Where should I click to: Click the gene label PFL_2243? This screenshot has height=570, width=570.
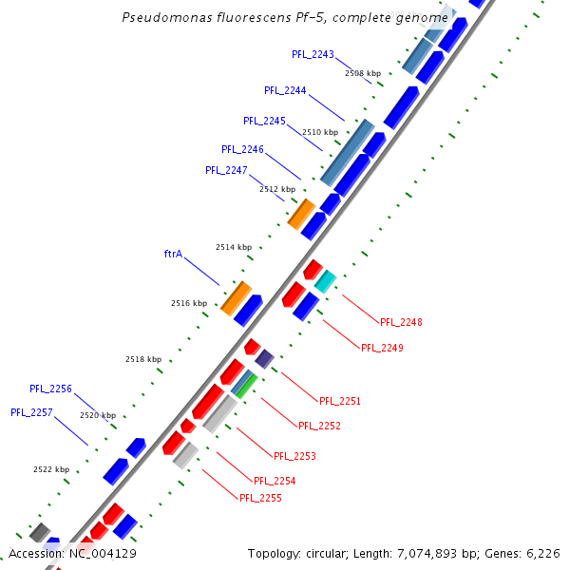coord(313,54)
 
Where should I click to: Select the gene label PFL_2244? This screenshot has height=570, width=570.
coord(285,90)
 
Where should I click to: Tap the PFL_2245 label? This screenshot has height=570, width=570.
coord(264,121)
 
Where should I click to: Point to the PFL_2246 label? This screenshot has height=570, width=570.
coord(242,149)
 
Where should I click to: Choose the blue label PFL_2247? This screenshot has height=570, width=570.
coord(226,170)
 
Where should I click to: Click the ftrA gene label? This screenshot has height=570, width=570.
coord(173,254)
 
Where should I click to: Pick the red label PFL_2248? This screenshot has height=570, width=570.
coord(401,322)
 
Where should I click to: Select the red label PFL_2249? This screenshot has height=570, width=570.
coord(382,348)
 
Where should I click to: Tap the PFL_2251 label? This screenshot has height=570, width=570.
coord(340,401)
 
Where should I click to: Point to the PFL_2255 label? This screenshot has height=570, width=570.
coord(260,498)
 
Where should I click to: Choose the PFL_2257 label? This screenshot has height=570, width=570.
coord(31,412)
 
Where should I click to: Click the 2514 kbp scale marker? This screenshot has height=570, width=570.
coord(234,247)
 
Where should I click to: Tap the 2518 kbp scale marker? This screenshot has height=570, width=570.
coord(143,359)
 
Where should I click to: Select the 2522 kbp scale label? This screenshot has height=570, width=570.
coord(51,469)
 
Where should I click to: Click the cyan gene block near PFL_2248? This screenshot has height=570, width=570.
coord(325,280)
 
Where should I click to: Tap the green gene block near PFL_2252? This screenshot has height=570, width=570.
coord(246,386)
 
